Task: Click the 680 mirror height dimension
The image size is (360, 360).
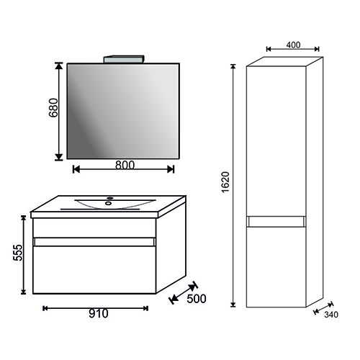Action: click(53, 107)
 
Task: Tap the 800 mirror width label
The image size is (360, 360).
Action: click(125, 165)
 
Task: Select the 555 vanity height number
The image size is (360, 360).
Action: click(18, 253)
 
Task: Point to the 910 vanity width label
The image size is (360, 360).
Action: click(99, 314)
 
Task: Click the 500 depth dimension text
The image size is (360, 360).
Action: click(197, 299)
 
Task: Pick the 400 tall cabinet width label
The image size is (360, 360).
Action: click(293, 45)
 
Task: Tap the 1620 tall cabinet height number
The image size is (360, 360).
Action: click(225, 182)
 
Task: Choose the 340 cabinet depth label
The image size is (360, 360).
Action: click(331, 315)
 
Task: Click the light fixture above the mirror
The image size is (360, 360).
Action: click(124, 59)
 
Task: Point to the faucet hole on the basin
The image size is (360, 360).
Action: click(110, 198)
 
